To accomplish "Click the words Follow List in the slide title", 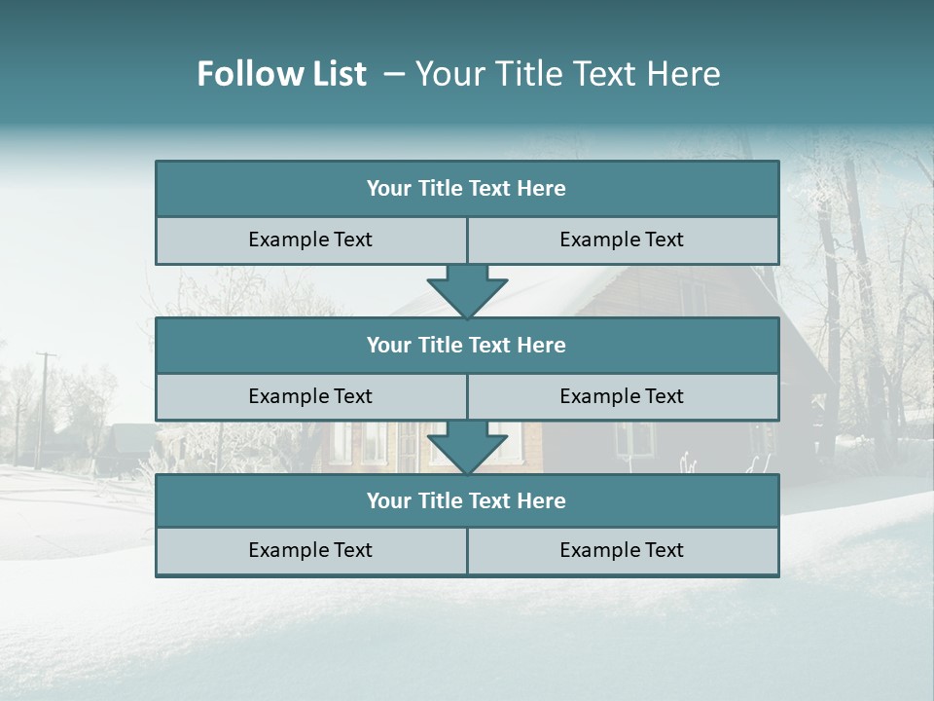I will [282, 74].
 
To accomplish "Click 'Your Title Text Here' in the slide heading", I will [568, 74].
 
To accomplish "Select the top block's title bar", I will [467, 189].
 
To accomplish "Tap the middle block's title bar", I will [467, 345].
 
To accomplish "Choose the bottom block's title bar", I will [467, 500].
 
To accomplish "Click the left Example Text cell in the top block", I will [310, 240].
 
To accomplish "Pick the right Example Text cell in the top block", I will [622, 240].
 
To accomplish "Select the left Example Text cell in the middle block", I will [310, 396].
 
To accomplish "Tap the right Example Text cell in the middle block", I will [622, 396].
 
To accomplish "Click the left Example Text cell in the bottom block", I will [310, 550].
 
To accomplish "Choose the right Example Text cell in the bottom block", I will [622, 550].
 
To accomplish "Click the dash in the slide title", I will [394, 74].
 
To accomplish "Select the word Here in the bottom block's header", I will [542, 500].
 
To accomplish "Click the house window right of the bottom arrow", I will [634, 440].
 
